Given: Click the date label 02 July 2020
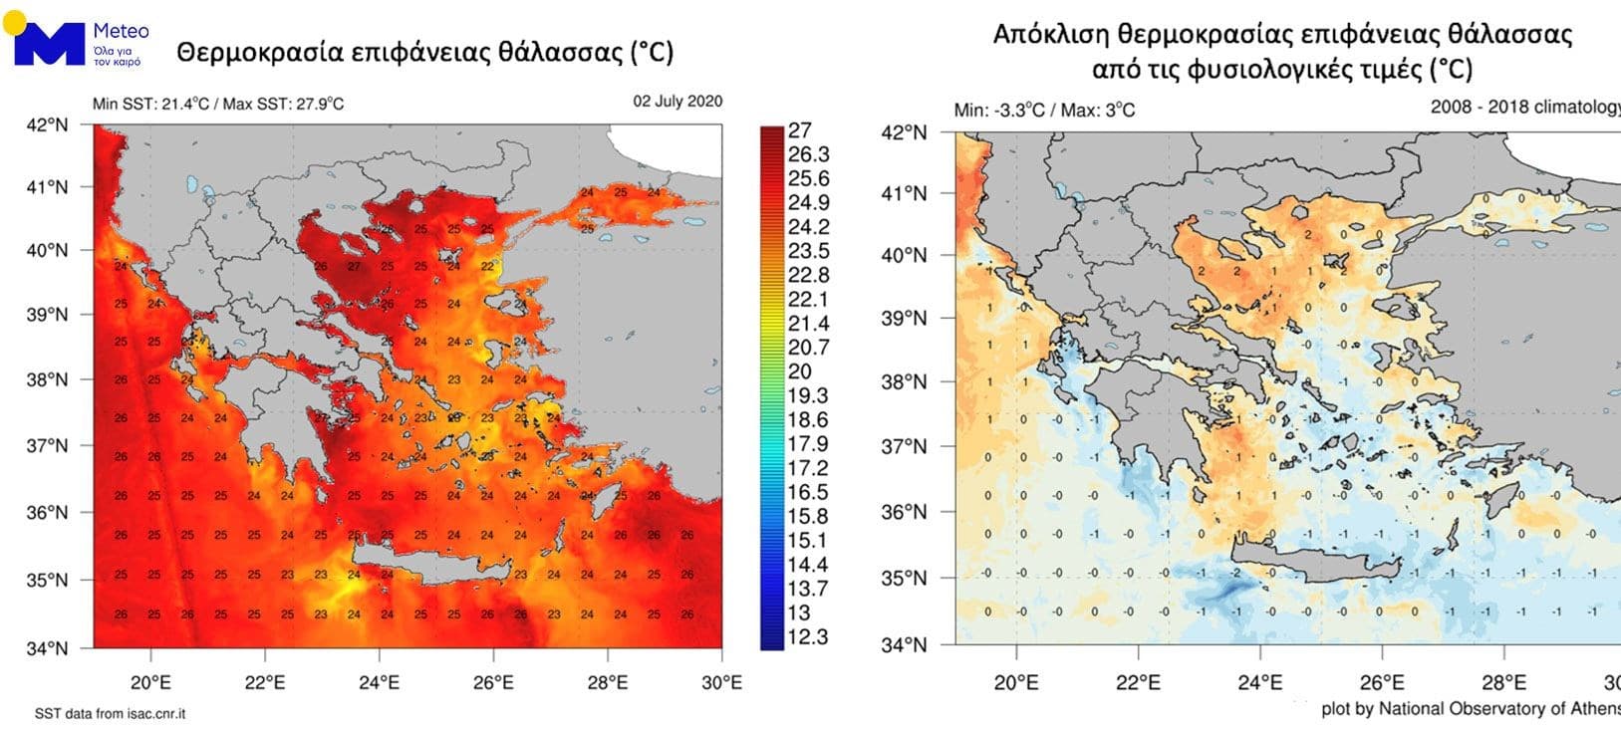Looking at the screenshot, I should coord(677,102).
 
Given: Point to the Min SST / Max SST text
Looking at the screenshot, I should coord(218,104).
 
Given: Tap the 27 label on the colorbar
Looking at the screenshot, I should coord(799,130).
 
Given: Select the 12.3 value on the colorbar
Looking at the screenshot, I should coord(807,637).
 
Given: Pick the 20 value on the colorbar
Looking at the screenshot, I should coord(799,371).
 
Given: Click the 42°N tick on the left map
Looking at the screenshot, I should coord(47,124).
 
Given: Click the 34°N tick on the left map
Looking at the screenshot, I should coord(47,648).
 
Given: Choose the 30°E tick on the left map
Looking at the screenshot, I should coord(721,682).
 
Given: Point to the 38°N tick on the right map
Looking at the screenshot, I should coord(905,382).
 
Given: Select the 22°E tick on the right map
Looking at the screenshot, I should coord(1138,682).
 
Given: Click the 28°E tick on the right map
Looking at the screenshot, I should coord(1503,682).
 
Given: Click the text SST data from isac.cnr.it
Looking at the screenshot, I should coord(110,714).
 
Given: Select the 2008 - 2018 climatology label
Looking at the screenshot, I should coord(1524,107).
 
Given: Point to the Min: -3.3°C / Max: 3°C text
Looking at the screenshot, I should coord(1044,110).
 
